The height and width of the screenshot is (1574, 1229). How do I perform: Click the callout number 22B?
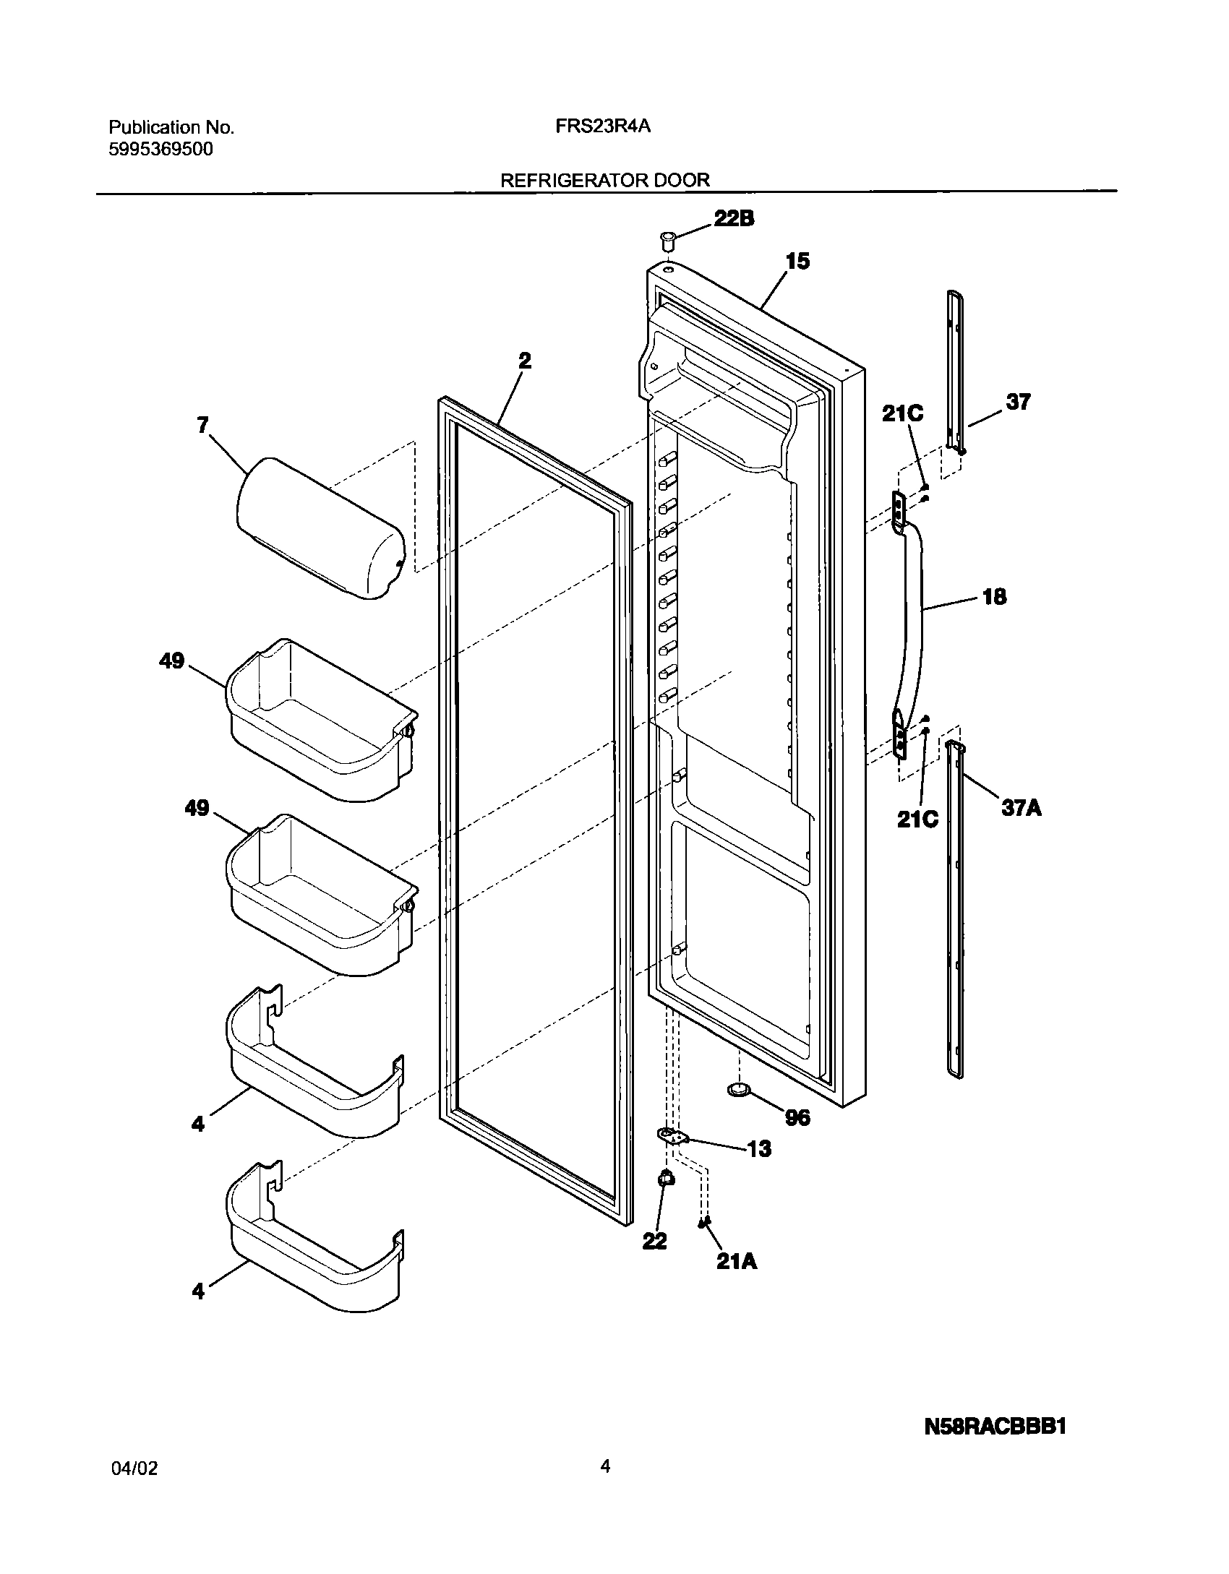(x=734, y=219)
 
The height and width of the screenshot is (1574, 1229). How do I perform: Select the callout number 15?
(x=797, y=261)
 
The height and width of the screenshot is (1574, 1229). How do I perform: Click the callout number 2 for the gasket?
(x=525, y=360)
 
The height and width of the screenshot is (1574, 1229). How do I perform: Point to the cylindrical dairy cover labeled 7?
(x=321, y=528)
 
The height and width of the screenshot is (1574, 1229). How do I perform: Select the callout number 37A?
(x=1021, y=807)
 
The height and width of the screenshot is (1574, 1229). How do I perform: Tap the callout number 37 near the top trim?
(x=1018, y=402)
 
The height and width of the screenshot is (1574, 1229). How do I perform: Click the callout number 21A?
(x=737, y=1261)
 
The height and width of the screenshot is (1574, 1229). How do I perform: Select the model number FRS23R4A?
(x=603, y=126)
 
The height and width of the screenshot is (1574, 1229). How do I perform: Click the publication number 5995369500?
(x=160, y=150)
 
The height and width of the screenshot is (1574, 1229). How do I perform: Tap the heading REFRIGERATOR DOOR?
(x=605, y=180)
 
